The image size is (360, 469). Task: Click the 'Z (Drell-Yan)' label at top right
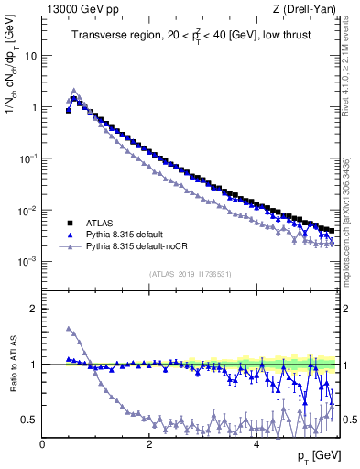point(307,9)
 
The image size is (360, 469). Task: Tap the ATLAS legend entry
point(100,223)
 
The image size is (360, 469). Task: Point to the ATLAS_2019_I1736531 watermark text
point(191,274)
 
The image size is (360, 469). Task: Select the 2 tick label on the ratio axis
point(34,309)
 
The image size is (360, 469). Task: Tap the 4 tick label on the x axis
point(256,443)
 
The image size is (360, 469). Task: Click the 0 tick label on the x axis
point(42,443)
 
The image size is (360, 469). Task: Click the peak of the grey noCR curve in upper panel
point(74,91)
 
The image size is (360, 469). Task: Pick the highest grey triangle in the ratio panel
point(69,329)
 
